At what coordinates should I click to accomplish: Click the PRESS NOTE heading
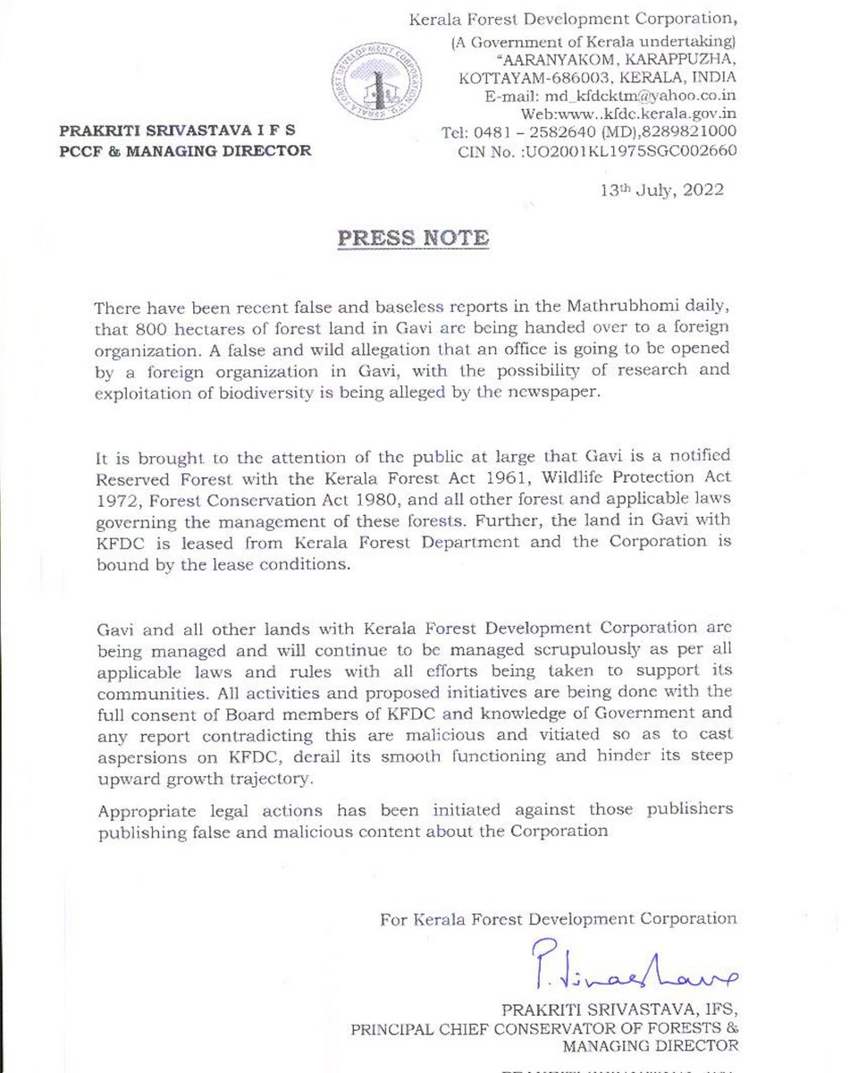(x=412, y=239)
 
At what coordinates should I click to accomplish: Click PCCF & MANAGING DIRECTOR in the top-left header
(x=185, y=151)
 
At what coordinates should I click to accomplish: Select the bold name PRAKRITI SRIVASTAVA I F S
(x=177, y=131)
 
